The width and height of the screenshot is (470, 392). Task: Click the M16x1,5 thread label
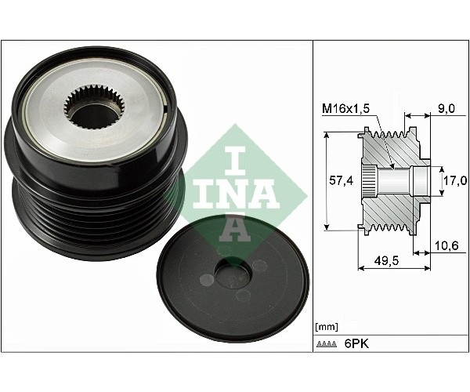pyautogui.click(x=346, y=108)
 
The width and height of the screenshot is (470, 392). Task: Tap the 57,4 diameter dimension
pyautogui.click(x=341, y=180)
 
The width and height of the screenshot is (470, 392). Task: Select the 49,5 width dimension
pyautogui.click(x=387, y=260)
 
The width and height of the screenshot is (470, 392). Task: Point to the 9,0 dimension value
pyautogui.click(x=446, y=108)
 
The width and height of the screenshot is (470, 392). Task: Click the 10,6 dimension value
pyautogui.click(x=446, y=245)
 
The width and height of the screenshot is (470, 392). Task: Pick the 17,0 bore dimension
pyautogui.click(x=455, y=180)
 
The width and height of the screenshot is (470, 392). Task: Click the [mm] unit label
pyautogui.click(x=327, y=327)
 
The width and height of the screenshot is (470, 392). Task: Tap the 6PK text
pyautogui.click(x=356, y=343)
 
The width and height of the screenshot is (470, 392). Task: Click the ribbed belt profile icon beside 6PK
pyautogui.click(x=326, y=344)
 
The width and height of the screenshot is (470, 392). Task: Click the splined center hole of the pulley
pyautogui.click(x=94, y=109)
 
